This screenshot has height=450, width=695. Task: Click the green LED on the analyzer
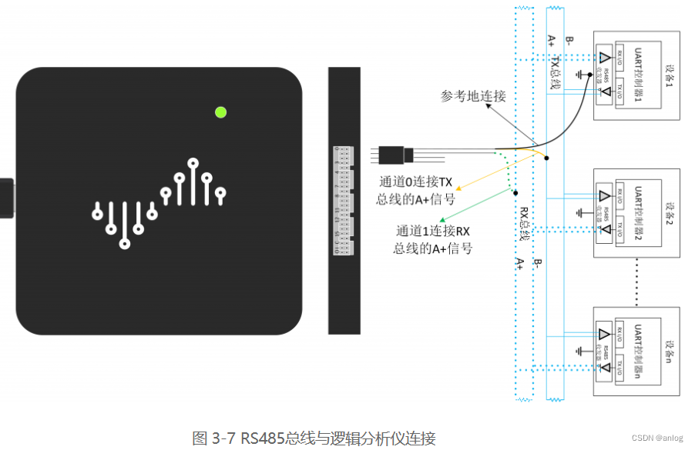pyautogui.click(x=220, y=112)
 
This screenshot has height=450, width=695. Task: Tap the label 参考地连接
pyautogui.click(x=473, y=97)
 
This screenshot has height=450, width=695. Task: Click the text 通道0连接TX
pyautogui.click(x=416, y=182)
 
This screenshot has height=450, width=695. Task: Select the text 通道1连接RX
pyautogui.click(x=433, y=231)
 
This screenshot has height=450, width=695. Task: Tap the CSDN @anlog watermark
pyautogui.click(x=656, y=438)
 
